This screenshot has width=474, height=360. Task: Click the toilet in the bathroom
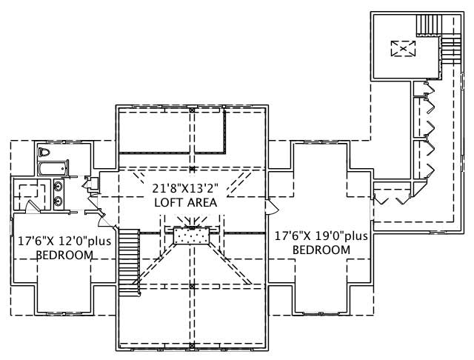point(44,153)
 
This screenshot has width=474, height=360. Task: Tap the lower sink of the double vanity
point(58,201)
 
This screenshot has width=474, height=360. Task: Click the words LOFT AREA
point(185,202)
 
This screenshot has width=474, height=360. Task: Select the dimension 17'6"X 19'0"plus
point(320,236)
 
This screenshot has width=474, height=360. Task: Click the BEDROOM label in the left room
point(65,255)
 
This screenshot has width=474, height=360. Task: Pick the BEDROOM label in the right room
point(321,250)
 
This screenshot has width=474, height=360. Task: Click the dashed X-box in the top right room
point(402,49)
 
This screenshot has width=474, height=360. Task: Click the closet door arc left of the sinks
point(29,207)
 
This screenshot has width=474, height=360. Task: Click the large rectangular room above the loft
point(171,131)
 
